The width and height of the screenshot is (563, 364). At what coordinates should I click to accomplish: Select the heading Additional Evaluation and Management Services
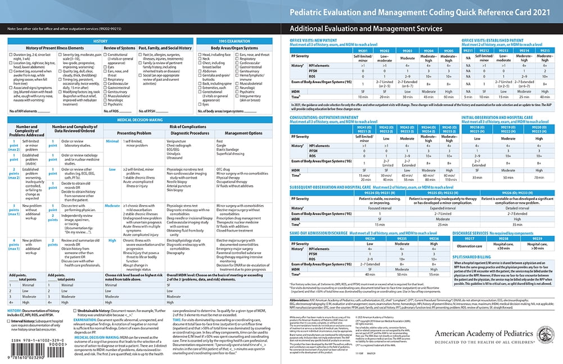click(x=366, y=29)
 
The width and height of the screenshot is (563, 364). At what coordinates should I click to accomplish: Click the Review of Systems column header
click(x=119, y=49)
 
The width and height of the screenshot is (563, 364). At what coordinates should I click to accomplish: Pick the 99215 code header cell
click(x=544, y=51)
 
